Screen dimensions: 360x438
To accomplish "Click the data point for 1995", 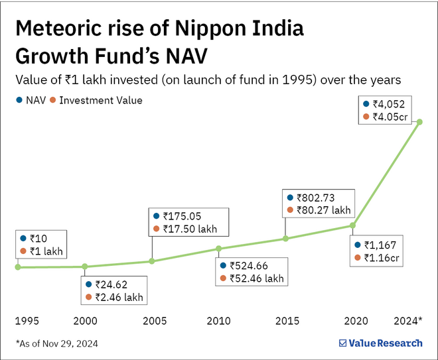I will click(x=18, y=267).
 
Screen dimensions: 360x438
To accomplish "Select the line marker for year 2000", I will click(x=85, y=267).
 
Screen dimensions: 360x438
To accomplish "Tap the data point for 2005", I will click(x=152, y=261).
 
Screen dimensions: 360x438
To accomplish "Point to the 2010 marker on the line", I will click(x=219, y=249).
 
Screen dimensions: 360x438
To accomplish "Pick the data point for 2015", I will click(x=285, y=239).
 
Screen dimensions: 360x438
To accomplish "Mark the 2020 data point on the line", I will click(x=352, y=225).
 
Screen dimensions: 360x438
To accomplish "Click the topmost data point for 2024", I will click(x=419, y=121).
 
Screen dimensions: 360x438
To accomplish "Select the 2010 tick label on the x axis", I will click(x=219, y=321).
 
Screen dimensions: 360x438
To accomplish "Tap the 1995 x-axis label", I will click(x=27, y=321).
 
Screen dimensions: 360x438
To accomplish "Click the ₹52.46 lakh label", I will click(x=256, y=278).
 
